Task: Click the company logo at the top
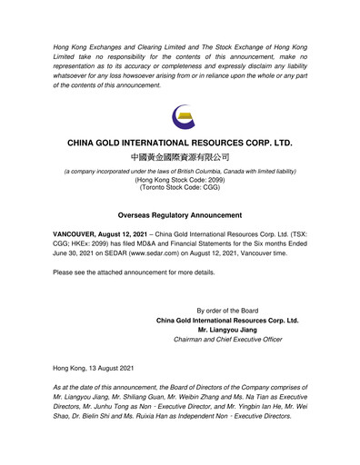click(180, 115)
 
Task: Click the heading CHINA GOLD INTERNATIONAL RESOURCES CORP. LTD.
click(180, 143)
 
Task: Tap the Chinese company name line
click(180, 159)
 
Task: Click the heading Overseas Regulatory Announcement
click(180, 215)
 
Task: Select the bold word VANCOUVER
click(80, 234)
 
